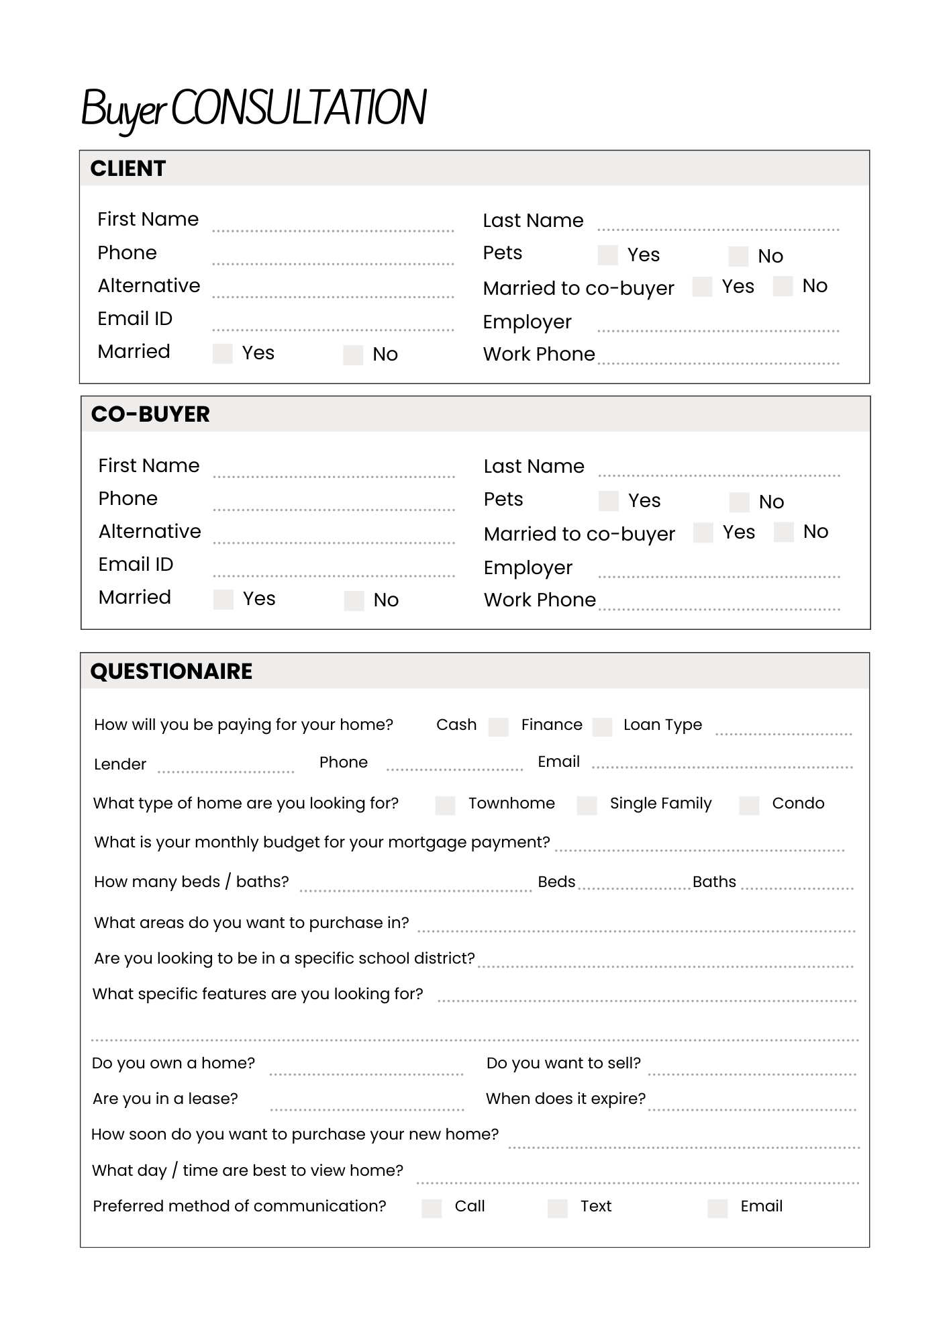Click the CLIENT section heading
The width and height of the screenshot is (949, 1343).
(x=128, y=169)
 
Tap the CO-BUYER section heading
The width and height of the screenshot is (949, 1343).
(x=150, y=414)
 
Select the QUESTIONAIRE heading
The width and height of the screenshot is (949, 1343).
(x=171, y=671)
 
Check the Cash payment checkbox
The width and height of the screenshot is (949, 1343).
(x=498, y=727)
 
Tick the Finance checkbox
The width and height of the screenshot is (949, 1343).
(x=602, y=727)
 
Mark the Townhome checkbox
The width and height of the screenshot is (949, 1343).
(x=445, y=805)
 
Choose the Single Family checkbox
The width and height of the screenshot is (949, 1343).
(x=587, y=805)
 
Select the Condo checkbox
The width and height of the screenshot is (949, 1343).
(x=748, y=805)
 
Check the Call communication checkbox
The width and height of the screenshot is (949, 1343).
(x=432, y=1208)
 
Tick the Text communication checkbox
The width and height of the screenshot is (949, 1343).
(x=557, y=1208)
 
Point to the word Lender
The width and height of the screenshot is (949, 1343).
(x=120, y=764)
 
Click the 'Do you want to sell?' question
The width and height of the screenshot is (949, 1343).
(x=563, y=1063)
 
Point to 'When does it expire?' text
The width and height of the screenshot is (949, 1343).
(x=565, y=1099)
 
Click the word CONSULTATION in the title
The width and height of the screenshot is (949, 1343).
(x=299, y=107)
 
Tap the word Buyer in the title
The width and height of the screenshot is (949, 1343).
(x=123, y=109)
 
